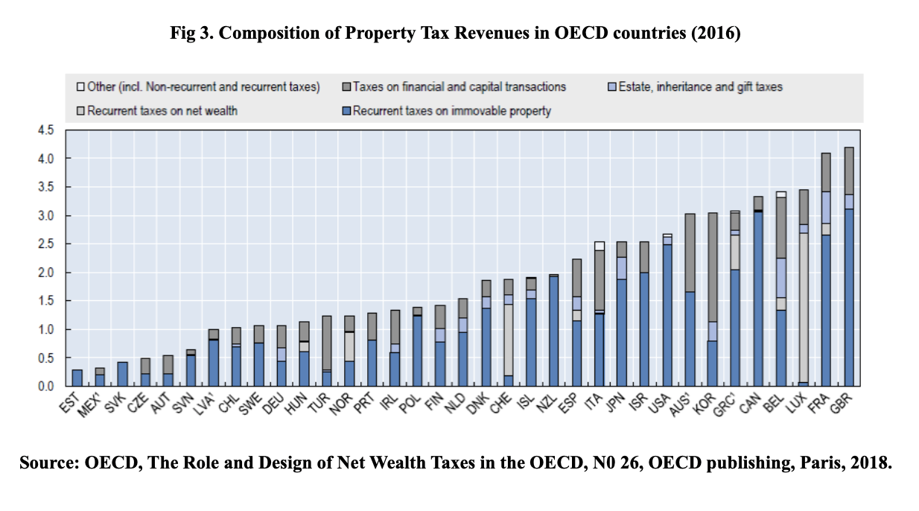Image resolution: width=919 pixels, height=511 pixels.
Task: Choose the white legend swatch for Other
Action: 81,86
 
